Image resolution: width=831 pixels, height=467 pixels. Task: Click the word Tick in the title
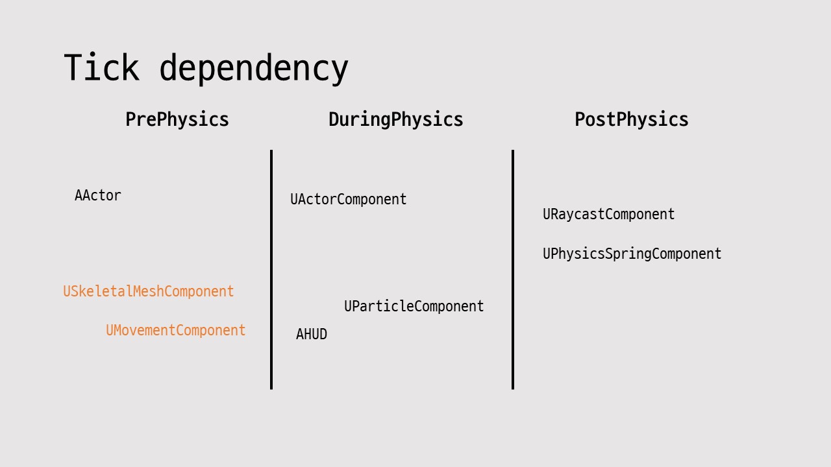pos(101,67)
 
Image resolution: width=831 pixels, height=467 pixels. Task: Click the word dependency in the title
pos(254,69)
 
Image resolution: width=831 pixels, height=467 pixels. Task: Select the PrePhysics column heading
pos(177,120)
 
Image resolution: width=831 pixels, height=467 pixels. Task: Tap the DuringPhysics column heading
pos(396,120)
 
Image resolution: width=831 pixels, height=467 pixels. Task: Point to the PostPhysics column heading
pos(632,120)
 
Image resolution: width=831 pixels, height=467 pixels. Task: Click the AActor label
pos(98,195)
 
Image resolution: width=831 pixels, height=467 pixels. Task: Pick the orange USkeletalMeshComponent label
pos(149,292)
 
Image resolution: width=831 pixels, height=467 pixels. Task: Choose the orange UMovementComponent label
pos(176,331)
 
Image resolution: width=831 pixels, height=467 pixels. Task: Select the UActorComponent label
pos(349,200)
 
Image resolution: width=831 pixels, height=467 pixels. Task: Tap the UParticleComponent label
pos(414,306)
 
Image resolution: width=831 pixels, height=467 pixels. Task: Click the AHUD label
pos(312,335)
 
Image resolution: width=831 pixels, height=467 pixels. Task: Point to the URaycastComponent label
pos(609,215)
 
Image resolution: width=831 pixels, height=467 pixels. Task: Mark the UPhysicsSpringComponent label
pos(632,254)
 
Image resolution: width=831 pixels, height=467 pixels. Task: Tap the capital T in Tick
pos(73,67)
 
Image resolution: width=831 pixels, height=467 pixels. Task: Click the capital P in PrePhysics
pos(130,120)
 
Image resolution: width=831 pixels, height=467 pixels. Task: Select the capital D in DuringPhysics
pos(333,120)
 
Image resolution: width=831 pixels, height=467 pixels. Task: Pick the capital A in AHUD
pos(300,335)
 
